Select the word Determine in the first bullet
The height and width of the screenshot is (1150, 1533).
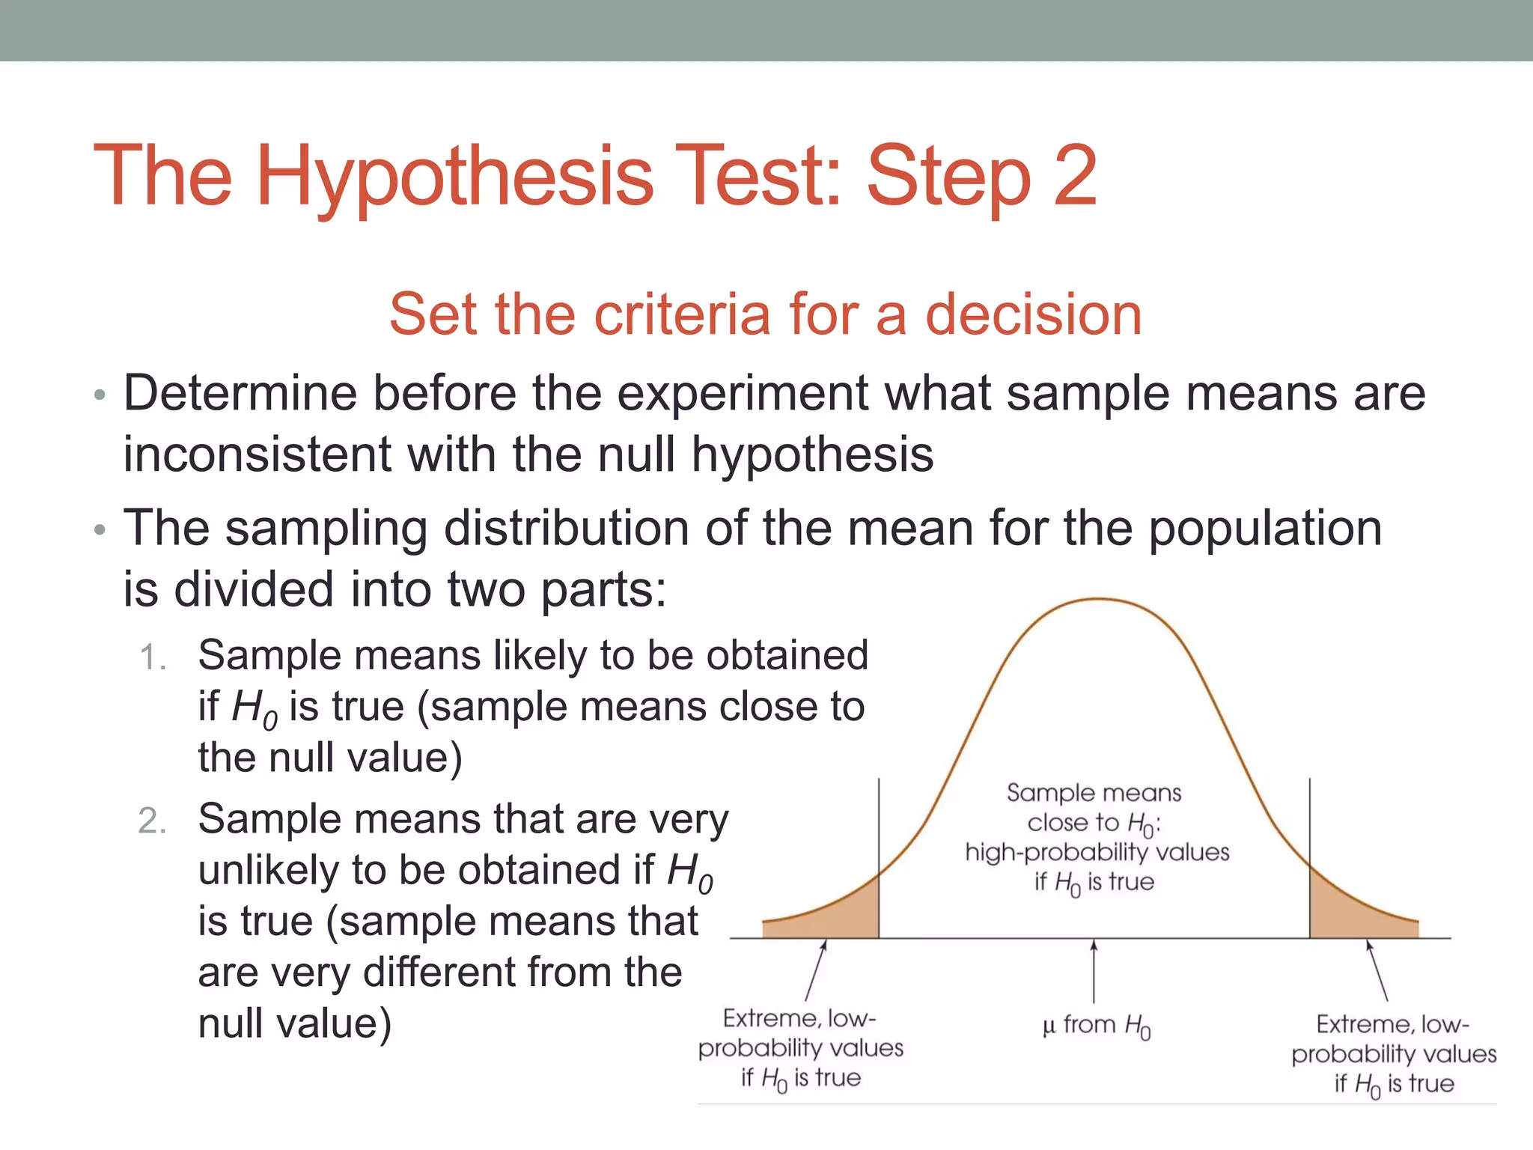[x=240, y=393]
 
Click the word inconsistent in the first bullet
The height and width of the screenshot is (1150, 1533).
[x=257, y=454]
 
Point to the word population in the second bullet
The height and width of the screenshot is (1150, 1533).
[x=1264, y=529]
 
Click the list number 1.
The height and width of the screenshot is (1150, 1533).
[x=152, y=658]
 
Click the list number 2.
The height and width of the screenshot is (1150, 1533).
[x=152, y=821]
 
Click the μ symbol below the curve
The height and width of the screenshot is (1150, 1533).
[x=1048, y=1026]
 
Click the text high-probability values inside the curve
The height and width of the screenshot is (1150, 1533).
[x=1097, y=853]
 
